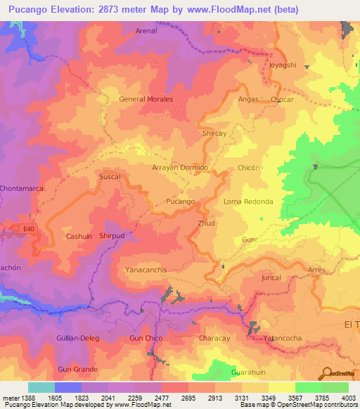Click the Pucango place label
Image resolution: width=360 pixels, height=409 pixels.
pyautogui.click(x=180, y=202)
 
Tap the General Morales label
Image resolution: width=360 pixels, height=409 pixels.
pyautogui.click(x=146, y=99)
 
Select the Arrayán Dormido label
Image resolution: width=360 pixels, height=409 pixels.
pyautogui.click(x=181, y=168)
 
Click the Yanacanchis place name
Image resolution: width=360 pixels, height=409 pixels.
pyautogui.click(x=146, y=269)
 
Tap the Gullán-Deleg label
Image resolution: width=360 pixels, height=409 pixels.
pyautogui.click(x=78, y=338)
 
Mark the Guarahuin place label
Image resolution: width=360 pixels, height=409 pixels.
pyautogui.click(x=250, y=372)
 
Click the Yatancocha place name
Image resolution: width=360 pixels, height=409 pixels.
pyautogui.click(x=283, y=338)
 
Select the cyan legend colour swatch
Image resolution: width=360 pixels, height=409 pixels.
pyautogui.click(x=41, y=387)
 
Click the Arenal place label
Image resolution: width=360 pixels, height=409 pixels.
pyautogui.click(x=146, y=32)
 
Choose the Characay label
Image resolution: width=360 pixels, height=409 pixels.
pyautogui.click(x=214, y=338)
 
